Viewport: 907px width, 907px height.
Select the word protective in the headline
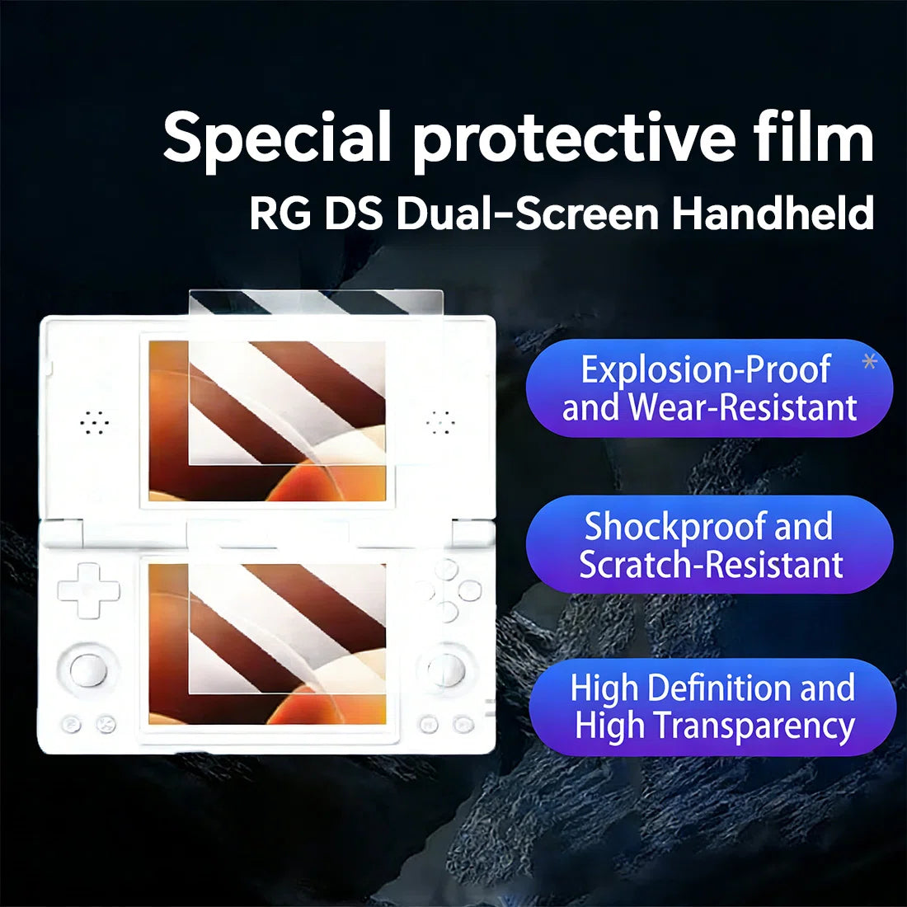(574, 140)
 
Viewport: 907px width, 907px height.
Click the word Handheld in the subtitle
(773, 213)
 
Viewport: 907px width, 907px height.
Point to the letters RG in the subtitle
(280, 214)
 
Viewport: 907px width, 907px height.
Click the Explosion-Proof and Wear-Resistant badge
(709, 388)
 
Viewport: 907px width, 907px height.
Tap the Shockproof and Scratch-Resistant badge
(709, 544)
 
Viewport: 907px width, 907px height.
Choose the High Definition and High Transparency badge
(712, 707)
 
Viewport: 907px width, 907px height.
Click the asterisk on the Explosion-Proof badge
(869, 361)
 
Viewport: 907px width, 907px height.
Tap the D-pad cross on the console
(88, 590)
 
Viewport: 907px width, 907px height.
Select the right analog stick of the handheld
(446, 670)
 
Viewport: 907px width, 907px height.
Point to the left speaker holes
(94, 423)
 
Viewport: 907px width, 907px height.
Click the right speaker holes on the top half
(440, 423)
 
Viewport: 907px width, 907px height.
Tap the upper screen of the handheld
(267, 421)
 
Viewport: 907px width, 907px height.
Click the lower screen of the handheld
(267, 644)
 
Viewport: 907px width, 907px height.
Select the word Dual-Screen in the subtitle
(528, 213)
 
